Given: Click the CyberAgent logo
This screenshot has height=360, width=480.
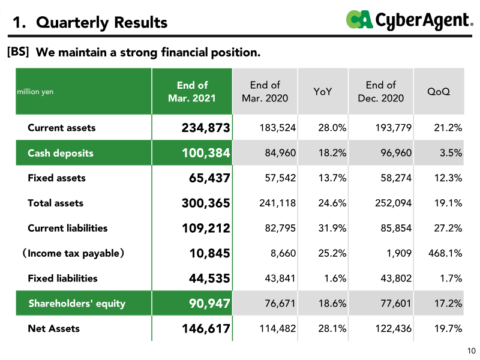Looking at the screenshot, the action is point(409,20).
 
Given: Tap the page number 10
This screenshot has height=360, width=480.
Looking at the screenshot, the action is point(472,351).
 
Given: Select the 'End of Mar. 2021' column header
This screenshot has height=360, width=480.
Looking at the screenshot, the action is point(192,92).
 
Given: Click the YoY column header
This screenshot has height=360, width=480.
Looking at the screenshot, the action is point(322,92).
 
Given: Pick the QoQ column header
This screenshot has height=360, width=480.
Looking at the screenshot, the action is point(439,92).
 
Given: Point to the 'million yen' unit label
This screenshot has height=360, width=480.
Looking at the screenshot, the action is point(35,92).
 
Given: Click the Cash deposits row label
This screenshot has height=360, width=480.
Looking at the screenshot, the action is point(61,153).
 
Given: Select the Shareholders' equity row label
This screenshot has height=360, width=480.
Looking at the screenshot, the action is point(77,304).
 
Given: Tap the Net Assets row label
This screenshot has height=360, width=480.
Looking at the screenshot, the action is point(53,328).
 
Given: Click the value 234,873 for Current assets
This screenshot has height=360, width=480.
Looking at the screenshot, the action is point(206,128).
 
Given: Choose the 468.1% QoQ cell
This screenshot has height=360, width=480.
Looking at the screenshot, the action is point(445,253).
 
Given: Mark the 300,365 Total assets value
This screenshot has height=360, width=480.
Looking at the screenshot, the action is point(206,203).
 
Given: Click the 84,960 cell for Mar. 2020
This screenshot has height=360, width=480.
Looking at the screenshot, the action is point(280,153).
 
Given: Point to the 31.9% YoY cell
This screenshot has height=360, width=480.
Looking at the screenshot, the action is point(332,228).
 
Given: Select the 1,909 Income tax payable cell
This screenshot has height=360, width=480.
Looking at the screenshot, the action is point(399,253).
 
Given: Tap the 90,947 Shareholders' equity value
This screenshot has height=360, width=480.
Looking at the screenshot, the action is point(209,304).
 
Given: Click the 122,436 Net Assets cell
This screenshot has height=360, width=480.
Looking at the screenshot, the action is point(394,328).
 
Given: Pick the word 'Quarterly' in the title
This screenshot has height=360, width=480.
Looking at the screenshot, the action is point(72,23).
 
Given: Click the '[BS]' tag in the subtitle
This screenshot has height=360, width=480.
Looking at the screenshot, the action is point(18,52).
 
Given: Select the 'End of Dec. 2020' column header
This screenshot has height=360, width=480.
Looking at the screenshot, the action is point(381,92).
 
